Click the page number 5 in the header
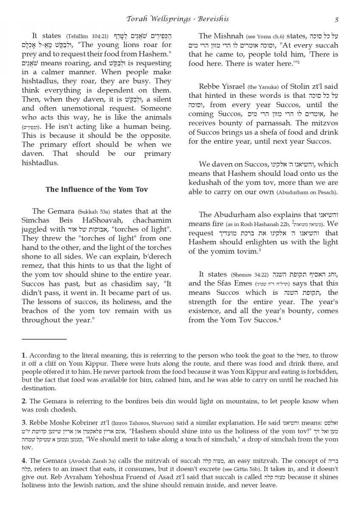pos(336,20)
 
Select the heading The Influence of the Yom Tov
pos(96,189)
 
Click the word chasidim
pos(130,283)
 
